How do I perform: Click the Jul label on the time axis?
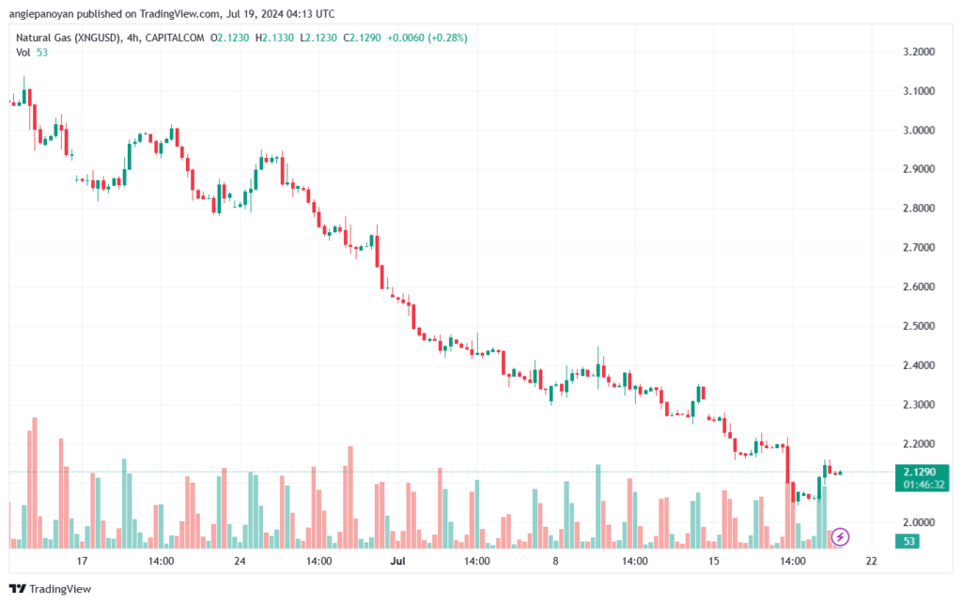click(397, 562)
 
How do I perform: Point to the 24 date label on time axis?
click(240, 562)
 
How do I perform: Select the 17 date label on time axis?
click(82, 562)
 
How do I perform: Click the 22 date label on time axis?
click(872, 562)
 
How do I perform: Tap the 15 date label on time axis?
click(714, 562)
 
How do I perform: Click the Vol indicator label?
click(23, 52)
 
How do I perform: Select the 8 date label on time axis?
click(556, 562)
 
